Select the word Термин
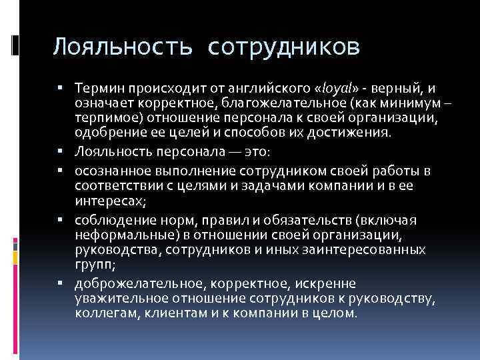click(x=99, y=89)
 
